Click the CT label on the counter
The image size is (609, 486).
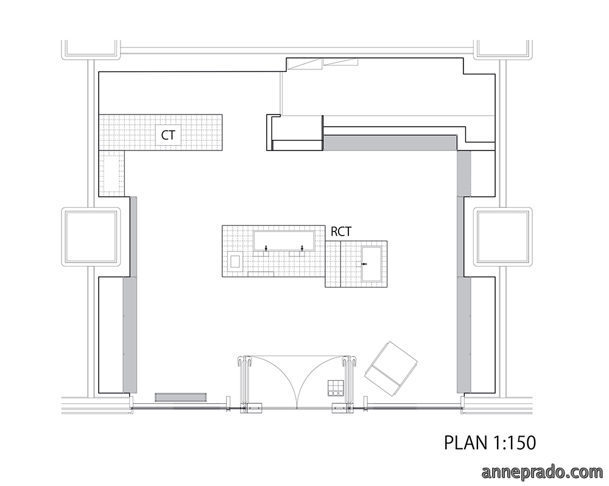pyautogui.click(x=168, y=135)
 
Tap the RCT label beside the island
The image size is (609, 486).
pyautogui.click(x=341, y=231)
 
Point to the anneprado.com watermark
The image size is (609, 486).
pyautogui.click(x=543, y=471)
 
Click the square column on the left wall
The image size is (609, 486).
pyautogui.click(x=91, y=237)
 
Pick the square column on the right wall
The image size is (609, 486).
pyautogui.click(x=503, y=237)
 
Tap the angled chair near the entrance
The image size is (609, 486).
pyautogui.click(x=390, y=368)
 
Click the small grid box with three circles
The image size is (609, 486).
pyautogui.click(x=336, y=389)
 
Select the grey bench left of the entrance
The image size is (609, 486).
pyautogui.click(x=181, y=397)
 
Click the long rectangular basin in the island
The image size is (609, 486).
pyautogui.click(x=284, y=240)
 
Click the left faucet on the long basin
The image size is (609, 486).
pyautogui.click(x=266, y=248)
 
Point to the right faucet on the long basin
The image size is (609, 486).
pyautogui.click(x=302, y=248)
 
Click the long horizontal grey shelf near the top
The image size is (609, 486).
pyautogui.click(x=390, y=142)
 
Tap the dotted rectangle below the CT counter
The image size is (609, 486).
pyautogui.click(x=112, y=172)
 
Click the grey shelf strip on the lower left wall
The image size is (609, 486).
pyautogui.click(x=130, y=334)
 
